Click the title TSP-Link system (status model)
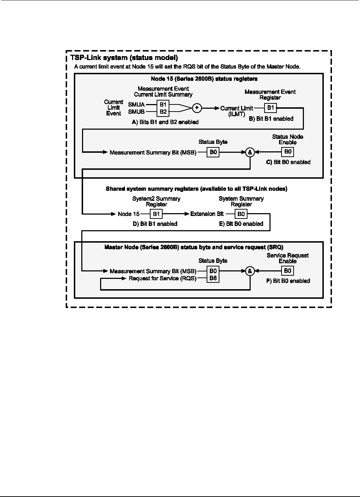pos(124,58)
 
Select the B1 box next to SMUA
pos(163,105)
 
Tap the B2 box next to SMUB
pos(163,112)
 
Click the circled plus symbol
pos(197,108)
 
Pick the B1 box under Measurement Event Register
pos(270,108)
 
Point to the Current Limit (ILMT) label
pos(237,111)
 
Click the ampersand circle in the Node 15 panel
pos(250,152)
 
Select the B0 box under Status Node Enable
pos(288,152)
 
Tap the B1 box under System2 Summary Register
pos(157,214)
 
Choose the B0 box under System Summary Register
pos(241,214)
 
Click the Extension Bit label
pos(207,214)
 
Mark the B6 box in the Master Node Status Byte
pos(213,278)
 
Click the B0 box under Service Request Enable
pos(288,271)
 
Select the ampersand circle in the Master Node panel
pos(250,271)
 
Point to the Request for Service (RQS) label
pos(163,278)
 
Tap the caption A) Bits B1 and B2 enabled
pos(165,122)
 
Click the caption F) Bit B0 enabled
pos(288,281)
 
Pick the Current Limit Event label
pos(114,108)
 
